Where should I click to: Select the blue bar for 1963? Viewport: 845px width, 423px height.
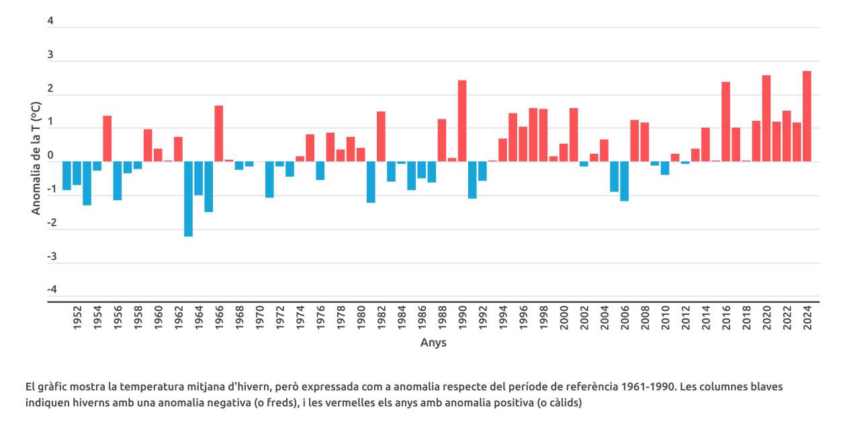188,199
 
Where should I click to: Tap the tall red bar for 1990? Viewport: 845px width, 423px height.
462,121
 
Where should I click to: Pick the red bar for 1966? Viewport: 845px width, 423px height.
219,134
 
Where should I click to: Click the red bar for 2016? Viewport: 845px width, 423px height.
725,122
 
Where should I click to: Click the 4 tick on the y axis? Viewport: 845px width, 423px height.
50,21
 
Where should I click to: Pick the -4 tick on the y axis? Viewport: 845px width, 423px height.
50,290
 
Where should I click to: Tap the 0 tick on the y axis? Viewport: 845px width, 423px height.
50,156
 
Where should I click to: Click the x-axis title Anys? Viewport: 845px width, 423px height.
433,342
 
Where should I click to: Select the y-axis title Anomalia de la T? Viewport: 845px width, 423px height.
36,158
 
